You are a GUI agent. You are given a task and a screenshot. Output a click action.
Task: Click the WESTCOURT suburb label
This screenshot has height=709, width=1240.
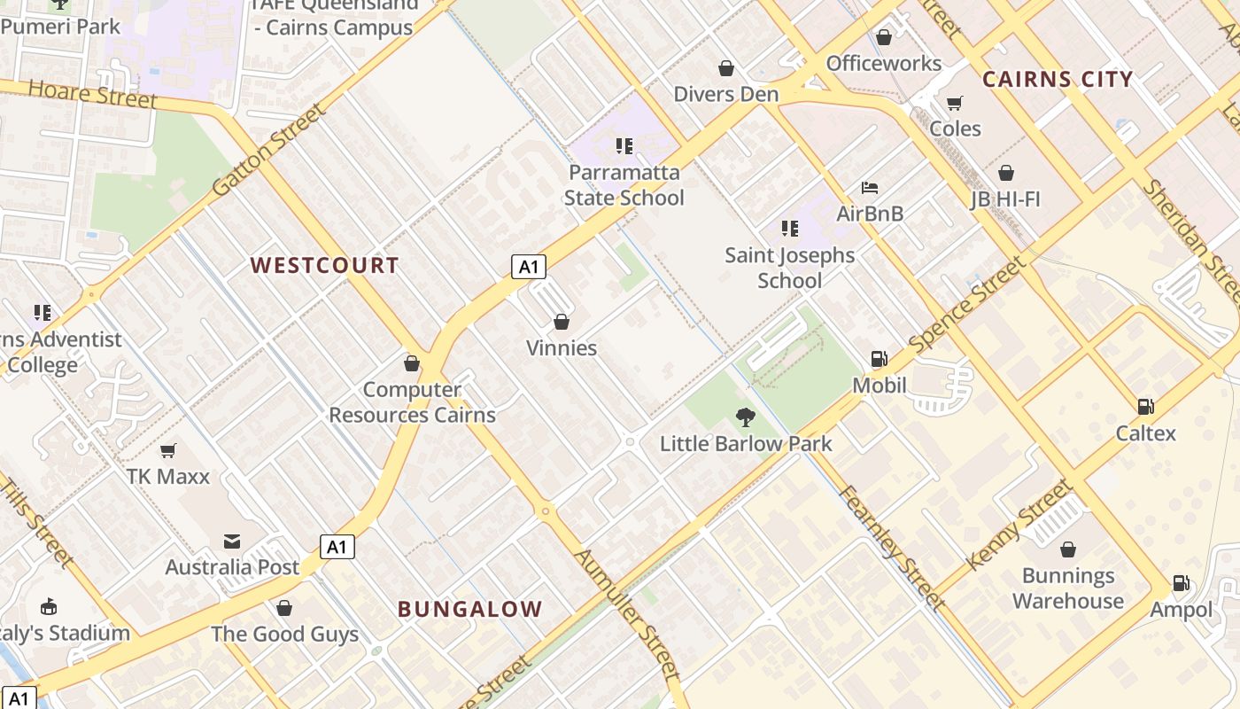(324, 265)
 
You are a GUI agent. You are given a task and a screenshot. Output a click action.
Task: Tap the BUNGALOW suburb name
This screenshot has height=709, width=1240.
(469, 609)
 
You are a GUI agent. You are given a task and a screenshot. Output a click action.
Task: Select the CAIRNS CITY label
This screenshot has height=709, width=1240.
(1058, 79)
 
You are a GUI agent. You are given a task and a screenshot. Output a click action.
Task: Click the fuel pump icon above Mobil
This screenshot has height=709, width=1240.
(879, 359)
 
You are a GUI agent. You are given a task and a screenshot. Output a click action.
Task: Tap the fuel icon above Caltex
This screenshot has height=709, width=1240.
(1145, 407)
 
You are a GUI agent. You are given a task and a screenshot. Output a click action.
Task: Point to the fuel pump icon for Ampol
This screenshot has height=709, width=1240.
(1181, 583)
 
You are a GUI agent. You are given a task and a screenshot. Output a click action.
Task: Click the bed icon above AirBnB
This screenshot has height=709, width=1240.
(870, 188)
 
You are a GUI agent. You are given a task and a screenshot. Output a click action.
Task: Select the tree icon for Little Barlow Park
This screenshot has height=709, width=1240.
(746, 417)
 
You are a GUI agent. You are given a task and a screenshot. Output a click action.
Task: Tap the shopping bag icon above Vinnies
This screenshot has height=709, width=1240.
(561, 322)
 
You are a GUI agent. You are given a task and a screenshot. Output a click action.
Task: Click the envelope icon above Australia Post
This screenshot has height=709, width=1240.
(232, 541)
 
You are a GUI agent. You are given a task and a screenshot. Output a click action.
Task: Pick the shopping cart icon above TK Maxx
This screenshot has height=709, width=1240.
(167, 450)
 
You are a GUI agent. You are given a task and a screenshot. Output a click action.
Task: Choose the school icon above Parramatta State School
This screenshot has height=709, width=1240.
(624, 145)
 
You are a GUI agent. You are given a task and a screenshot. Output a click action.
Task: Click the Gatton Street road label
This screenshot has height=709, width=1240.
(269, 151)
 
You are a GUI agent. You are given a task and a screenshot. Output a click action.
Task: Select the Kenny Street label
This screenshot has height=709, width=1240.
(1019, 525)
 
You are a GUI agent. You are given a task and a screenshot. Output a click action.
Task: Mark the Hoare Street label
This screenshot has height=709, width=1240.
(93, 93)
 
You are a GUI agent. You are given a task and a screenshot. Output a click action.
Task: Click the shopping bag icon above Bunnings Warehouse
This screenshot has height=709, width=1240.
(1067, 549)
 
